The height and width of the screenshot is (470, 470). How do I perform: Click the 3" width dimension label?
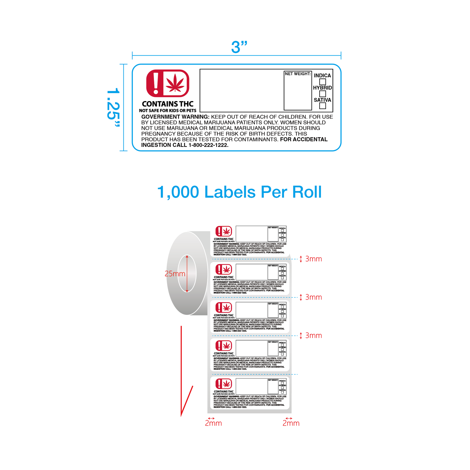click(239, 47)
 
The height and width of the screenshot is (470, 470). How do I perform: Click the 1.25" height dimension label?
click(113, 108)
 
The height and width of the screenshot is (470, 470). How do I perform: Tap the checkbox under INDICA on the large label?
click(323, 82)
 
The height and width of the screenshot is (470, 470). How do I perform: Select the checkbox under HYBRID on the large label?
click(323, 94)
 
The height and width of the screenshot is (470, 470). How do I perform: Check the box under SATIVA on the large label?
click(323, 106)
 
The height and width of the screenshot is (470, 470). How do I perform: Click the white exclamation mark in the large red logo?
click(156, 83)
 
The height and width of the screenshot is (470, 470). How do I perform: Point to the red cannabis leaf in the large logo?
click(175, 83)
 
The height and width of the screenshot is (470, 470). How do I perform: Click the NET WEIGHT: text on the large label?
click(298, 74)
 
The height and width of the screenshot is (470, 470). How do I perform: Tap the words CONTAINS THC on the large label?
click(168, 104)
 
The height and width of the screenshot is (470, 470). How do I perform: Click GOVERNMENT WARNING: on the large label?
click(175, 117)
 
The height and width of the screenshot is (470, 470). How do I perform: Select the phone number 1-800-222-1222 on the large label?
click(208, 145)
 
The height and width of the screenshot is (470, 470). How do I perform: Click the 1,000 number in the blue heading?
click(178, 192)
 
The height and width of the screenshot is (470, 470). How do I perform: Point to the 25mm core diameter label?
click(175, 274)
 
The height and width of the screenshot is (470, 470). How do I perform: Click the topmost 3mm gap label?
click(313, 259)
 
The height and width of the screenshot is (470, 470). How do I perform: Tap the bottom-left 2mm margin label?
click(213, 423)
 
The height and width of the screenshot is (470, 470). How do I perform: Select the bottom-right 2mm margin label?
click(291, 423)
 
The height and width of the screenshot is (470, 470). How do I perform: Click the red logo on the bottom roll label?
click(224, 384)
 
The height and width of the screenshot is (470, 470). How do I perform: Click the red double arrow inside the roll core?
click(187, 274)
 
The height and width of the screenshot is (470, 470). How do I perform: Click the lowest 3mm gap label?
click(313, 335)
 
